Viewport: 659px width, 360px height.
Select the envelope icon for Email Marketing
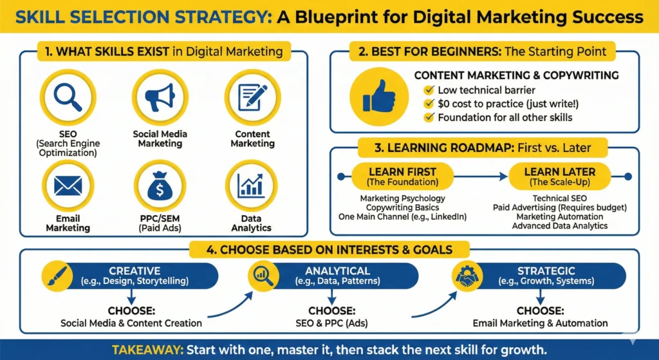point(68,185)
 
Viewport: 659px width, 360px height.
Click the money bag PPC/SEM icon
point(160,185)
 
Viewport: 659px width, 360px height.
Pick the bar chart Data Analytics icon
point(252,185)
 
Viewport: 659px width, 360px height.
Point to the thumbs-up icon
point(379,97)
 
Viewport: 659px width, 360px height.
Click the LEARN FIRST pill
point(402,176)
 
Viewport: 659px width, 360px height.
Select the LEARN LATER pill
point(559,176)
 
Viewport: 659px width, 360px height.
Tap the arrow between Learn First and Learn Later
point(481,176)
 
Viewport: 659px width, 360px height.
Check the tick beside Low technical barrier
point(429,90)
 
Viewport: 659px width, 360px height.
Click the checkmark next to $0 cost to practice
point(429,104)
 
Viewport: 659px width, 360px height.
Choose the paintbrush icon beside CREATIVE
point(57,276)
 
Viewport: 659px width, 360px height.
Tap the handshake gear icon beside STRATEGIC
point(467,276)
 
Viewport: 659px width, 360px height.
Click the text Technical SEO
point(560,198)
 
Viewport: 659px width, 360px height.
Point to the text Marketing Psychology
point(403,198)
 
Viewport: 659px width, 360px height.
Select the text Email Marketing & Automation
point(540,323)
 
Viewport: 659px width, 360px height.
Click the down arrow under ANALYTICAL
point(332,297)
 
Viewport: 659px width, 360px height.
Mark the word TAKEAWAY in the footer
point(147,350)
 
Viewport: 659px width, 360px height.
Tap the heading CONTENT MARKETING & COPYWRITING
point(517,75)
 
